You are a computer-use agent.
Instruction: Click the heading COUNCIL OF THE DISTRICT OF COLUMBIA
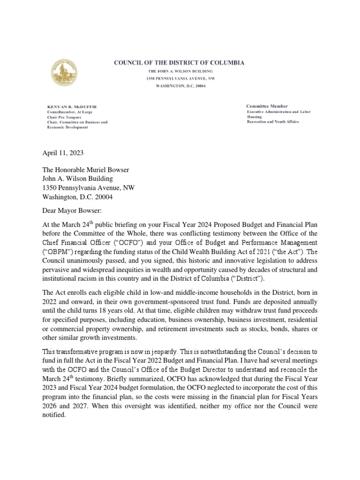[x=180, y=63]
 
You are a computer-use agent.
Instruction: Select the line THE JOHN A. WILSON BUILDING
[x=180, y=71]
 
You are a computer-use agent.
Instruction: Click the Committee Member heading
[x=267, y=106]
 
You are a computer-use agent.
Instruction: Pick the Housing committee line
[x=255, y=117]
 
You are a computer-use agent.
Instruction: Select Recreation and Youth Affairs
[x=273, y=122]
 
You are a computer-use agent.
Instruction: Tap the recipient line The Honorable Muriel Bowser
[x=84, y=169]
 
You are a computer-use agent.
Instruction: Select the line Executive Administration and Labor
[x=279, y=112]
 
